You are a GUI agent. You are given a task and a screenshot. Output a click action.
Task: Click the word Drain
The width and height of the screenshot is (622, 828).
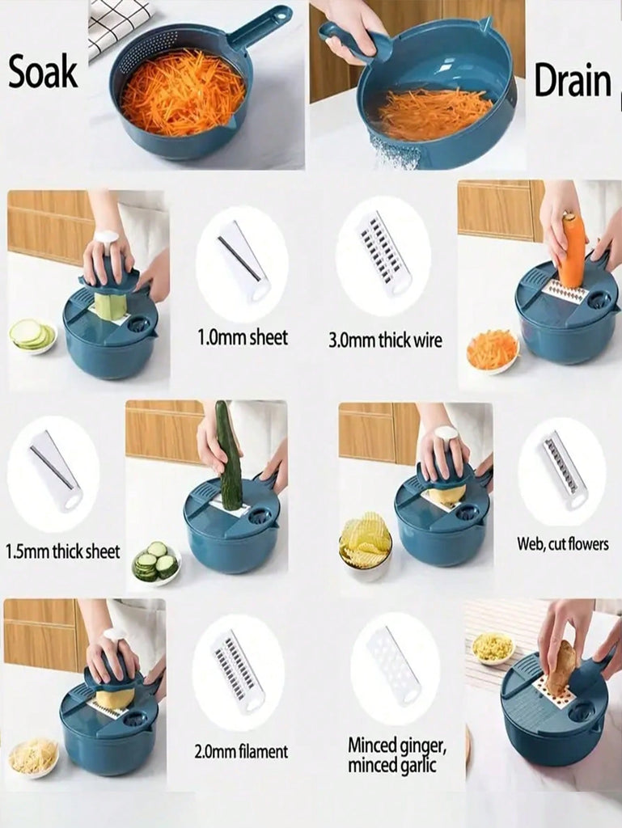[x=573, y=81]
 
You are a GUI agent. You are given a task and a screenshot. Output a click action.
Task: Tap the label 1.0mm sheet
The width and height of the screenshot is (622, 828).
[x=243, y=337]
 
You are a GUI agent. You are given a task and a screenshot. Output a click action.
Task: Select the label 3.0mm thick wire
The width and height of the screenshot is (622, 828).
[x=386, y=340]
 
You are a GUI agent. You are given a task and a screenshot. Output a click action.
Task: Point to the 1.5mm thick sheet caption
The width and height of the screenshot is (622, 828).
[x=62, y=551]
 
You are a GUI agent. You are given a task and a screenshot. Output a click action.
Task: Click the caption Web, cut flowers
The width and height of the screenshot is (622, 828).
[x=563, y=543]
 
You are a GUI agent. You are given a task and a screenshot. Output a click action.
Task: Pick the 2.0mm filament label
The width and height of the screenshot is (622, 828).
[x=241, y=751]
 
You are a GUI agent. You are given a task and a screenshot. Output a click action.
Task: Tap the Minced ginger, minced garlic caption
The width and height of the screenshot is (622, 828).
[x=397, y=755]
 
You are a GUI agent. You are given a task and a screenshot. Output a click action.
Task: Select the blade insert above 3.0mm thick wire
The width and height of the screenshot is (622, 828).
[x=385, y=255]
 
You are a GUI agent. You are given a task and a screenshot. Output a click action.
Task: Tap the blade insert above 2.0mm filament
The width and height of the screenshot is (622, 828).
[x=239, y=671]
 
